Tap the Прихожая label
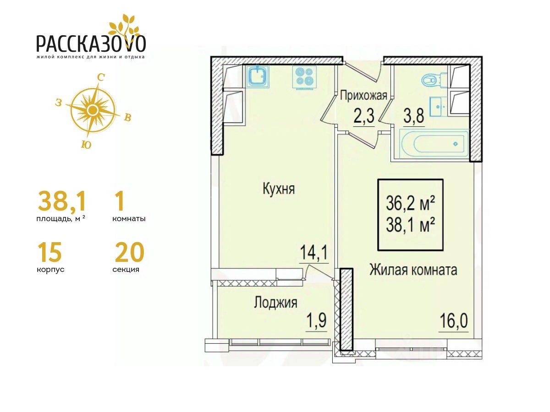(363, 96)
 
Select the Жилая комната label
(413, 270)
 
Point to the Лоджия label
(275, 303)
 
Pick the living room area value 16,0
(454, 322)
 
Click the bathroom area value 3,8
(414, 117)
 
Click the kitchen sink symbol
(258, 76)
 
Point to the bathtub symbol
(434, 143)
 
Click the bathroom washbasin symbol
(439, 107)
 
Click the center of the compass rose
(93, 109)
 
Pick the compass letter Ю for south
(86, 145)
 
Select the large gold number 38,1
(62, 201)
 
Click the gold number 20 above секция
(130, 252)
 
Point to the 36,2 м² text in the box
(410, 204)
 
